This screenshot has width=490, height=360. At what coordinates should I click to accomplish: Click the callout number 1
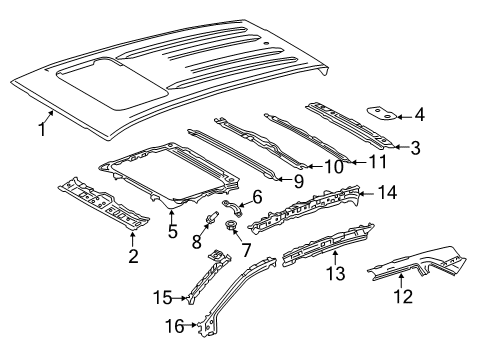(42, 129)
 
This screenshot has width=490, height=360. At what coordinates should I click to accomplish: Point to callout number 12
(402, 323)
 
